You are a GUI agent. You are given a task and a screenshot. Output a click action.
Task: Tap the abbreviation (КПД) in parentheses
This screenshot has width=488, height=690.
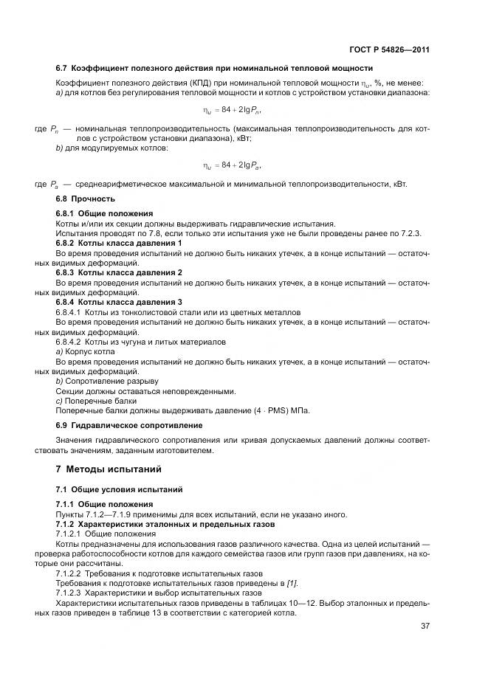(181, 82)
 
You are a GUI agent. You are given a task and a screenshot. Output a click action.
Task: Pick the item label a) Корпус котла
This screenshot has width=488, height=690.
(85, 351)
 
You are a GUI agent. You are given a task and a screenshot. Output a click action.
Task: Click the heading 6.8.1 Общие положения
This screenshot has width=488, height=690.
(104, 213)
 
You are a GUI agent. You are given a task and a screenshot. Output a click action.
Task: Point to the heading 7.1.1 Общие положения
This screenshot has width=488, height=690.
(104, 504)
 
